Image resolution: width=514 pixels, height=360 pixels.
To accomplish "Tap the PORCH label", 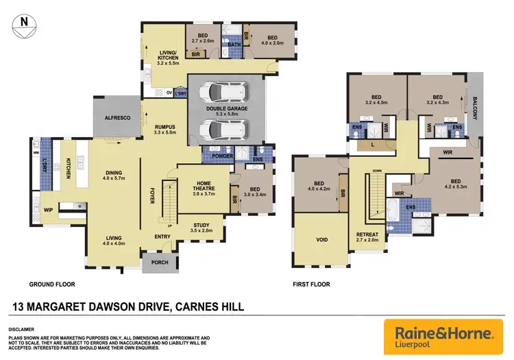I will pyautogui.click(x=160, y=263).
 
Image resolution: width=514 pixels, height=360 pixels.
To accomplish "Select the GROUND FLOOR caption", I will pyautogui.click(x=51, y=284).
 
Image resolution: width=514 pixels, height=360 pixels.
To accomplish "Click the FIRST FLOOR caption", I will pyautogui.click(x=311, y=284).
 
